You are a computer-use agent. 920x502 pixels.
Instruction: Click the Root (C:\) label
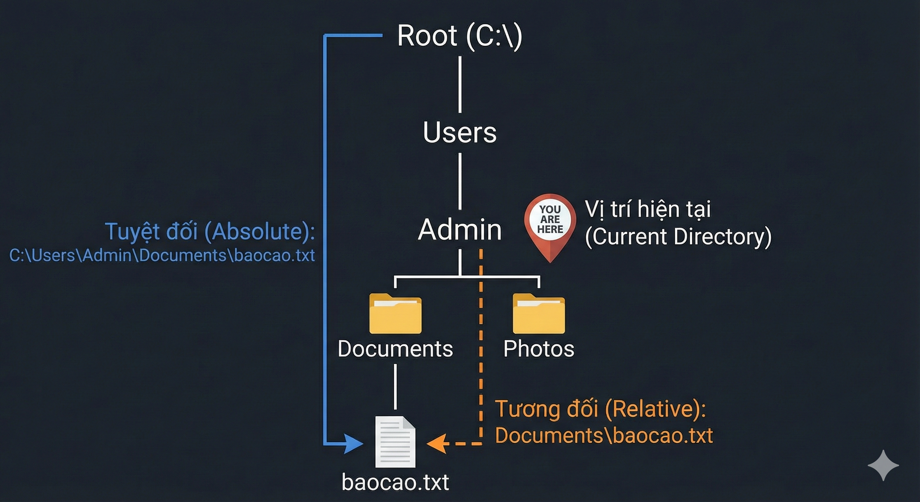coord(460,36)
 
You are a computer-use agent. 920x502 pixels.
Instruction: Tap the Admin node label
coord(460,229)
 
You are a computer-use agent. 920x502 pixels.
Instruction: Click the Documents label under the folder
coord(395,349)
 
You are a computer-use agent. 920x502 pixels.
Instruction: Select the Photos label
coord(538,349)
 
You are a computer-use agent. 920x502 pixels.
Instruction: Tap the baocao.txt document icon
coord(395,442)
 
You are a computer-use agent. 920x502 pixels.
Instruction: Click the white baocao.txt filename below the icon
coord(395,482)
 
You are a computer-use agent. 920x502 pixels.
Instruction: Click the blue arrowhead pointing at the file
coord(353,444)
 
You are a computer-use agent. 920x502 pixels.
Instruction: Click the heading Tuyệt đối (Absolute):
coord(210,231)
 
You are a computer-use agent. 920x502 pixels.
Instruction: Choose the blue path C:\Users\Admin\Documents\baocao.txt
coord(162,256)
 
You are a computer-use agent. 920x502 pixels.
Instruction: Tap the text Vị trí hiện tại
coord(648,209)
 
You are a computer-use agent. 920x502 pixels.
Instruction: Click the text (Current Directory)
coord(678,237)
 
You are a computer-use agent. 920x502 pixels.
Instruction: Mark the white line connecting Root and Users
coord(460,84)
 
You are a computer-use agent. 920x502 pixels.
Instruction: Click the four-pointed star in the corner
coord(883,465)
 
